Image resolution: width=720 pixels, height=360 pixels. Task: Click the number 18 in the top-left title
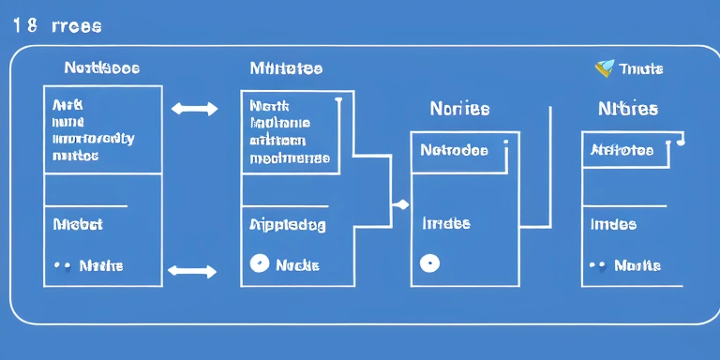26,26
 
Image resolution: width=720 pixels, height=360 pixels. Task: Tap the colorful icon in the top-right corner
605,67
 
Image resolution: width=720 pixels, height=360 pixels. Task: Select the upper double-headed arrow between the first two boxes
194,109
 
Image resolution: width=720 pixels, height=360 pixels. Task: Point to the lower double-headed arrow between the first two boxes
191,272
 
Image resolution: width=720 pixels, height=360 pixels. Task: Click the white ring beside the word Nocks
259,264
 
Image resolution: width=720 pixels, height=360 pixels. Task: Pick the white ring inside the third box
428,263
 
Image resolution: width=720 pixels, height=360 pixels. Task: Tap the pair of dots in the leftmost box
63,265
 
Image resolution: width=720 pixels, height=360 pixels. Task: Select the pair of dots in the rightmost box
596,265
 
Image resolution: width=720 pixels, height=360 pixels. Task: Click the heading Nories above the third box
459,109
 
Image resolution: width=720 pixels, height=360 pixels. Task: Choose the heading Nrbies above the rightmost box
628,109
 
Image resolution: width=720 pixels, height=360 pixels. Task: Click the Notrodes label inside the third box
454,149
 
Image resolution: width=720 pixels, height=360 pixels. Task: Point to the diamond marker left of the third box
402,203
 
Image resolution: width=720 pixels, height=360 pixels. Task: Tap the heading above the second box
286,68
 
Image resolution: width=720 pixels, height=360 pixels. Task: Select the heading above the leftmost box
102,68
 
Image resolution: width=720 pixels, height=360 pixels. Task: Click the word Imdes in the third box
446,224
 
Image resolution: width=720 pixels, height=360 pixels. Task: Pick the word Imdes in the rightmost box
613,224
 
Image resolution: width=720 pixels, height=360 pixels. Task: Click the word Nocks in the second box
297,265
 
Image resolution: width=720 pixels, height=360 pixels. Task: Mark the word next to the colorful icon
642,68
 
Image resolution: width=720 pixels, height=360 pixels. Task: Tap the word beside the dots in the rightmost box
637,265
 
